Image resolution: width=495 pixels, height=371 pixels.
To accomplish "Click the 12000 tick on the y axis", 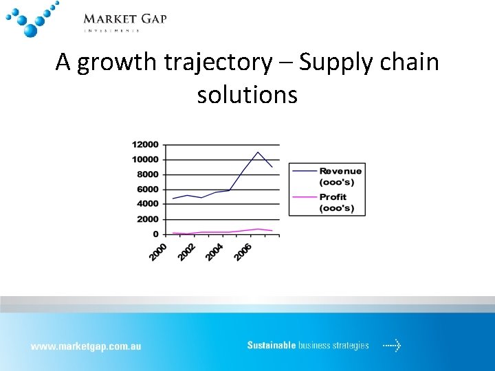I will [x=145, y=145].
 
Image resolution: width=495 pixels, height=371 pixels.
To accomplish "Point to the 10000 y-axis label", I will [x=145, y=159].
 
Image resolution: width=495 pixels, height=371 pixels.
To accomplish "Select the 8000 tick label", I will [x=147, y=175].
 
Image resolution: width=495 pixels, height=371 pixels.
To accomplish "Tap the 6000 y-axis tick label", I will [x=147, y=190].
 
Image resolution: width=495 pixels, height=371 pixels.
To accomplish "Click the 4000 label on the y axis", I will [x=147, y=204].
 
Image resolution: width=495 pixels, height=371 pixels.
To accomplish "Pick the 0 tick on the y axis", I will [x=155, y=234].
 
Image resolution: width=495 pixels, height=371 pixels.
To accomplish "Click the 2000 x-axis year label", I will [x=159, y=251].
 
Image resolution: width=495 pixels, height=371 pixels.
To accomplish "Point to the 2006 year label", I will [x=243, y=251].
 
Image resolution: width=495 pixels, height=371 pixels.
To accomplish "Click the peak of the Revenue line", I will [x=258, y=152].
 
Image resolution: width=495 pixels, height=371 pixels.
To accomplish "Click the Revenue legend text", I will [x=340, y=171].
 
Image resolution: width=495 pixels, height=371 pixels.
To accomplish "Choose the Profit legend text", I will [x=333, y=197].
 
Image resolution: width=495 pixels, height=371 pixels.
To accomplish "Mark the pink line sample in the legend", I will [x=304, y=197].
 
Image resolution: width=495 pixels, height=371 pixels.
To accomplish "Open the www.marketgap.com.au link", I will [x=85, y=346].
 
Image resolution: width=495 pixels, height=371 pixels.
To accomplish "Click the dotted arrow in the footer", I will [x=392, y=346].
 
